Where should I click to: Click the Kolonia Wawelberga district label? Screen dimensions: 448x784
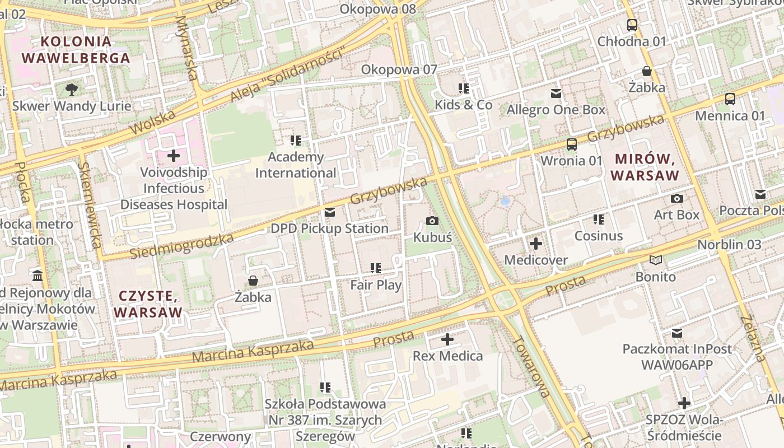(76, 49)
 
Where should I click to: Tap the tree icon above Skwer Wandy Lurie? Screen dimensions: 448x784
(72, 89)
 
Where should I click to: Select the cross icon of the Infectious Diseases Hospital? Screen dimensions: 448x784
(174, 155)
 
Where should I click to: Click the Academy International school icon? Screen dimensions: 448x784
(296, 140)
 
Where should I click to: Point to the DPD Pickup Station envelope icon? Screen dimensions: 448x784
(329, 212)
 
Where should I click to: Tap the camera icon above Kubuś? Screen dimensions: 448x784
(432, 221)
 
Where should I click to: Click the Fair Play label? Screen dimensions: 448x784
(376, 285)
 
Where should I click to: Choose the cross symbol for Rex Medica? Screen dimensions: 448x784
(447, 339)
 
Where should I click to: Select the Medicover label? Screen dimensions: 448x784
(536, 260)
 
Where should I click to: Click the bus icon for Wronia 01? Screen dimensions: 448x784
(571, 144)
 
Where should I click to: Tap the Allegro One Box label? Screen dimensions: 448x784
(556, 110)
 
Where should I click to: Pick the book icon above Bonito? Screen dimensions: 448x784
(655, 260)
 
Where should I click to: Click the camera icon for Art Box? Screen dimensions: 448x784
(676, 198)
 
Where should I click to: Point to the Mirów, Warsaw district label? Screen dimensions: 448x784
(645, 167)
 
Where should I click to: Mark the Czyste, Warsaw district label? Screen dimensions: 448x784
(149, 304)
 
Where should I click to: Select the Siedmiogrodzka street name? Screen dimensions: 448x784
(181, 246)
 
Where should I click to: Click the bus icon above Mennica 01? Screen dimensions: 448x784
(730, 99)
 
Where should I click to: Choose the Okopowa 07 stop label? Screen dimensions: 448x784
(399, 69)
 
